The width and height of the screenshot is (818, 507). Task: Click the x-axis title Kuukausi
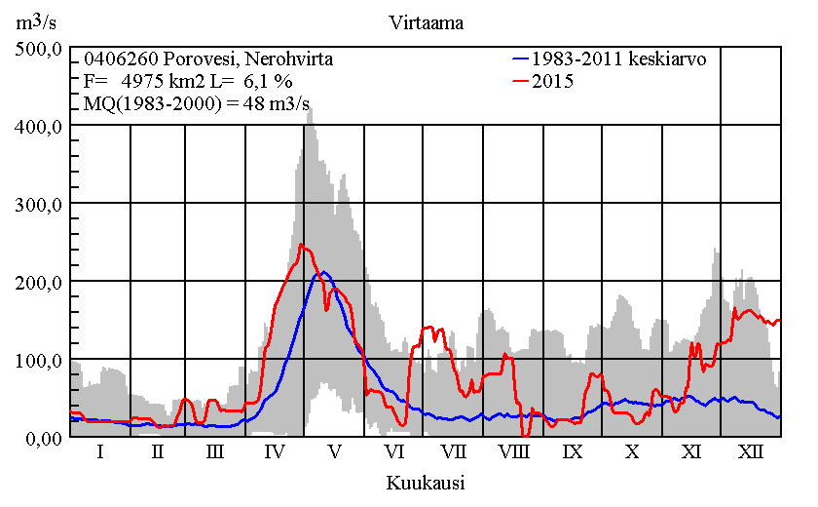[425, 483]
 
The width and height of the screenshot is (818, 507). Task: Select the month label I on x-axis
[99, 452]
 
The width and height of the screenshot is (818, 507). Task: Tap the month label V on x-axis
[335, 452]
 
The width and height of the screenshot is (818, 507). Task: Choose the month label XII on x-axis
[750, 452]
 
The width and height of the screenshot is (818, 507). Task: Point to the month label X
[632, 452]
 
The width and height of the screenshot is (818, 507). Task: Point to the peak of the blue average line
[324, 273]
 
